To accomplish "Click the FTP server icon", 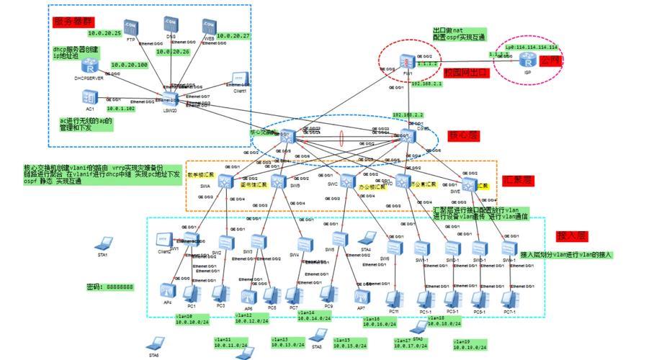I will tap(130, 27).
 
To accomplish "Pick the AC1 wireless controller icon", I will tap(90, 96).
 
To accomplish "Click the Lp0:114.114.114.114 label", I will tap(532, 47).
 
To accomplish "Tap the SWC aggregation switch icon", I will tap(348, 179).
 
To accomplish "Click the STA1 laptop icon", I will tap(105, 243).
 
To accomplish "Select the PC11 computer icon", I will tap(393, 297).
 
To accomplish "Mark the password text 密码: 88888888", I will tap(109, 287).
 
